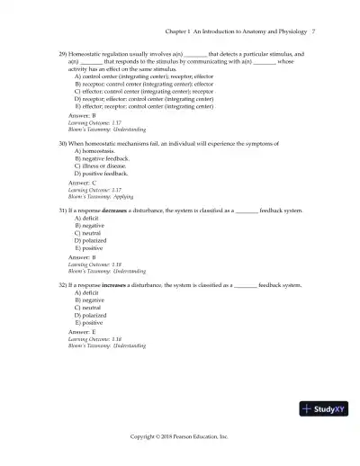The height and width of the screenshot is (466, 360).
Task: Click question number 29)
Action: pos(63,55)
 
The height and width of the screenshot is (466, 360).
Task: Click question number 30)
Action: pos(63,143)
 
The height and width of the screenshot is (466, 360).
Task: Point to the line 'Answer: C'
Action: pos(82,183)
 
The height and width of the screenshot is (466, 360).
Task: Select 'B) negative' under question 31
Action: pos(92,225)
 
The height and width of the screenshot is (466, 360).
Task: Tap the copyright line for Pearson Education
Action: pos(180,436)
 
